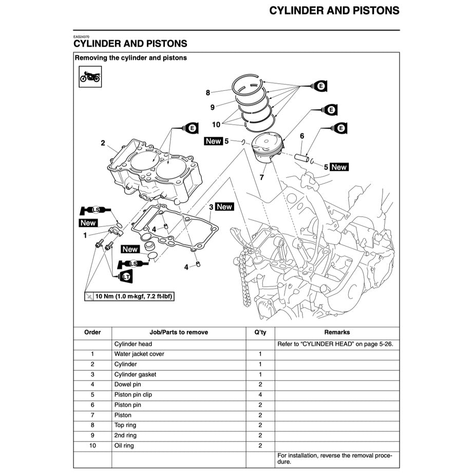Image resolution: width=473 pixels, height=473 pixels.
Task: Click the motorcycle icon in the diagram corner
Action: (x=90, y=77)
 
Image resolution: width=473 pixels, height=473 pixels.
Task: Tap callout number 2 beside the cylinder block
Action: (x=103, y=143)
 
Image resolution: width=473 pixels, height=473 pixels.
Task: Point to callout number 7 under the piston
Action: (x=261, y=178)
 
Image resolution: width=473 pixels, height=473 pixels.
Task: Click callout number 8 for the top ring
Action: (x=208, y=93)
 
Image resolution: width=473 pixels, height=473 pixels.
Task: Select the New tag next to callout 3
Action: (x=224, y=207)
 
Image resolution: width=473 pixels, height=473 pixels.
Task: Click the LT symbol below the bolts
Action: (x=125, y=277)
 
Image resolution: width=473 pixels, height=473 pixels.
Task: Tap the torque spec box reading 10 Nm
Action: (x=128, y=296)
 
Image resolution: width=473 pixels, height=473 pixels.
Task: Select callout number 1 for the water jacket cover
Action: (x=85, y=235)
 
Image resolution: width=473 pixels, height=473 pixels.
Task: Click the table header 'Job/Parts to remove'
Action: (x=179, y=332)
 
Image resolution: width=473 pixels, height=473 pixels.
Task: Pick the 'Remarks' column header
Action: (x=336, y=332)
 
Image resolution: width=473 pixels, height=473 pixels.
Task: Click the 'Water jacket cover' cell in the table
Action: (x=139, y=354)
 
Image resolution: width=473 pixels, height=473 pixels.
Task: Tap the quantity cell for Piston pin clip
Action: (x=260, y=395)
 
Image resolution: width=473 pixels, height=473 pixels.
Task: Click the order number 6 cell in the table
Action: (x=92, y=405)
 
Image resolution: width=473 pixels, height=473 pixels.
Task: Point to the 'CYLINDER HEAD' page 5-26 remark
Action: (x=335, y=344)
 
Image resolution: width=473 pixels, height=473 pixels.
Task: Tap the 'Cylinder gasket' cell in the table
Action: (x=135, y=374)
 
